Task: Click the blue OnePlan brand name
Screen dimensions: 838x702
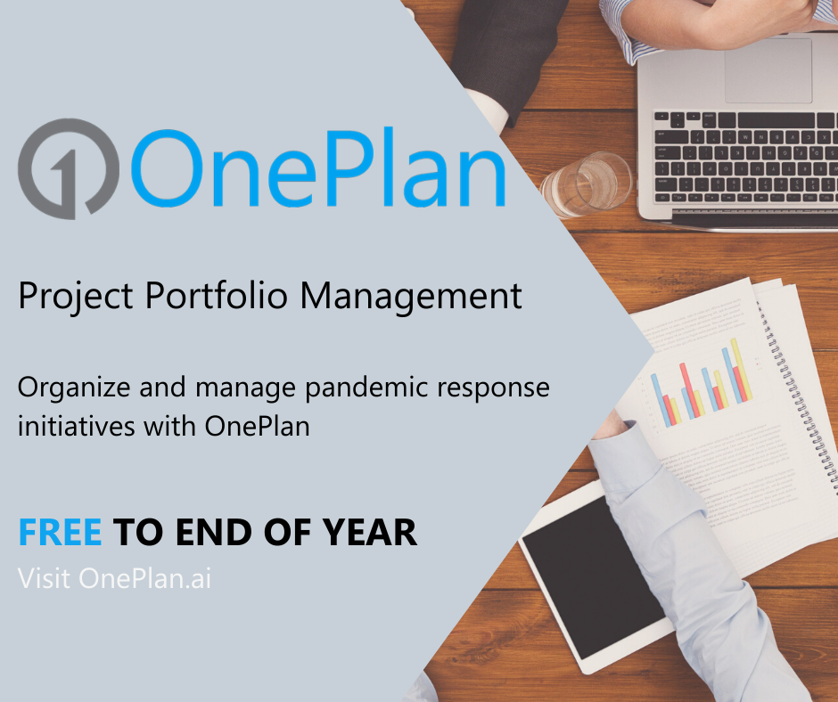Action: (318, 167)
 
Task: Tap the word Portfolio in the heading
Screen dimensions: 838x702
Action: (217, 295)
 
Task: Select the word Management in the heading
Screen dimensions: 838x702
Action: (410, 295)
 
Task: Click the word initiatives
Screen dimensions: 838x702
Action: (76, 427)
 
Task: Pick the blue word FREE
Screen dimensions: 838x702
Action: (60, 533)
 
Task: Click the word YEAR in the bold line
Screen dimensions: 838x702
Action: (370, 533)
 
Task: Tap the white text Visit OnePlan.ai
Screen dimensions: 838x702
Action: (114, 578)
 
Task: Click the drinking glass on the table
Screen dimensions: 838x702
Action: (587, 184)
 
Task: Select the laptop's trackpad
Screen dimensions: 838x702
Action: (768, 70)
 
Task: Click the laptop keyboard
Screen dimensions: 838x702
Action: (745, 156)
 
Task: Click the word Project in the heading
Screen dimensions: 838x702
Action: (76, 295)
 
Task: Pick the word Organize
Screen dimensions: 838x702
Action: (74, 388)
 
